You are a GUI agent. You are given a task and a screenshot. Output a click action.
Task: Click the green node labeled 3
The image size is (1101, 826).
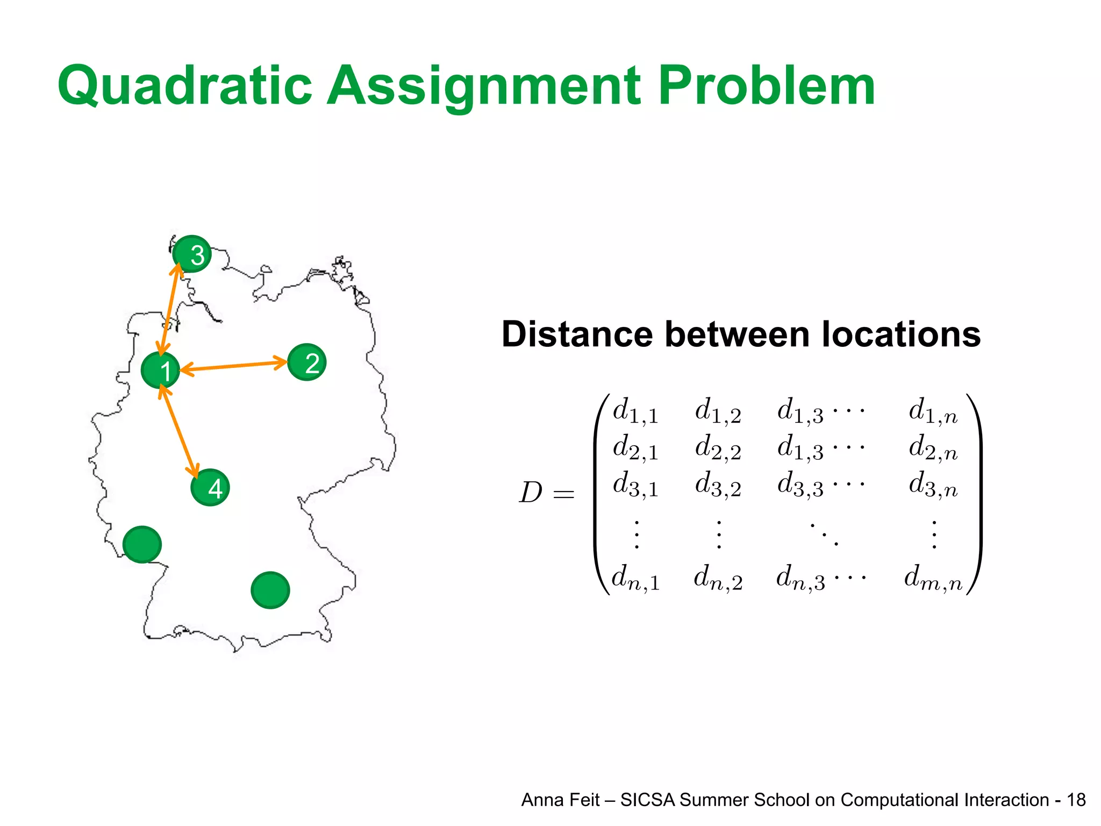192,254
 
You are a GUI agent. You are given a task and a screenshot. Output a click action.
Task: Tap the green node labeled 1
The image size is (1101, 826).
160,370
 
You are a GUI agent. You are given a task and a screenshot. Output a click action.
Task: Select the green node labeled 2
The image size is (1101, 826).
307,362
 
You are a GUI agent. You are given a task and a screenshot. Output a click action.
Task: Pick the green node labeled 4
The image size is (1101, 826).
210,487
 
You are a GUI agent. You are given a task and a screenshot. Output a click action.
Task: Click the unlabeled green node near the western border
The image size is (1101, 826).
142,544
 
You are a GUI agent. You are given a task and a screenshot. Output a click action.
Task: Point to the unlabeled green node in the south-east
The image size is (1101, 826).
270,590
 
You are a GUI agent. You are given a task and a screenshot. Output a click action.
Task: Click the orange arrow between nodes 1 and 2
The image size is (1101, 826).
234,366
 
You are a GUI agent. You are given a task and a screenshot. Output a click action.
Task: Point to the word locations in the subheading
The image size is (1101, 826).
901,334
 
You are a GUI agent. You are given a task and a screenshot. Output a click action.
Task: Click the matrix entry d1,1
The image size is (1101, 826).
635,411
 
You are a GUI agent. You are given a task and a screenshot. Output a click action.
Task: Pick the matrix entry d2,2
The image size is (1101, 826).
718,448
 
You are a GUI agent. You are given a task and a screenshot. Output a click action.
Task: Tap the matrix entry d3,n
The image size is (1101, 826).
933,484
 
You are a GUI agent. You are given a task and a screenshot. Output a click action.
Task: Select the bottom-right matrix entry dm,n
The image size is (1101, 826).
933,579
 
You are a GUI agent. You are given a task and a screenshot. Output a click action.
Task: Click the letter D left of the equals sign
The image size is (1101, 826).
530,493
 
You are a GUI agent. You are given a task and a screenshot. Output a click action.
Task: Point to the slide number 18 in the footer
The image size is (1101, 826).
1076,800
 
